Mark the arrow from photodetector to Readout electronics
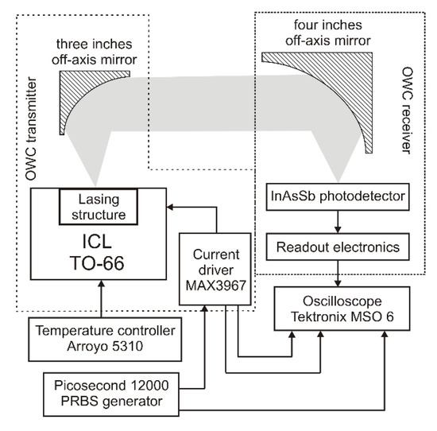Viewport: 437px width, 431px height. [x=339, y=220]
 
